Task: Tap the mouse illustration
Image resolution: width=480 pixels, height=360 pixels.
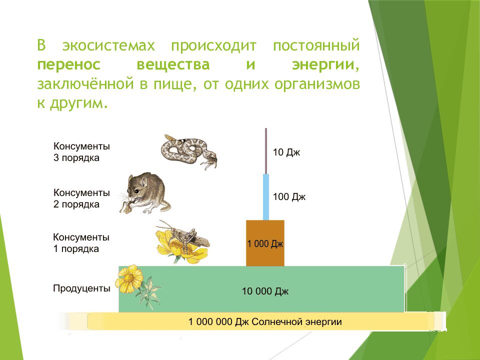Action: (144, 193)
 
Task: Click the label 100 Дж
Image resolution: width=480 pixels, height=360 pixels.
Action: (289, 197)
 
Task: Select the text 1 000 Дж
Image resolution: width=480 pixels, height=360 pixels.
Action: (265, 244)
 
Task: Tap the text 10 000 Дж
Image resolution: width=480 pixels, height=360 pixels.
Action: (265, 291)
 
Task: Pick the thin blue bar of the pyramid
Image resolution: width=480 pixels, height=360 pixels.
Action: (266, 197)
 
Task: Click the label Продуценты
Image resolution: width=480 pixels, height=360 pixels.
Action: (81, 288)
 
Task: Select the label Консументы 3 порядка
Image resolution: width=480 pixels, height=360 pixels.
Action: (81, 152)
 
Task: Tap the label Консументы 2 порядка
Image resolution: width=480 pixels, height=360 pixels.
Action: (81, 198)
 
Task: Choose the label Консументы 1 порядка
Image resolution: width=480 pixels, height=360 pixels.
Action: (81, 242)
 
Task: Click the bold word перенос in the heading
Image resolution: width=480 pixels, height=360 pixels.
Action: (68, 65)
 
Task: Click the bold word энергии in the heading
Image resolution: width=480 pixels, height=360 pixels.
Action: (325, 65)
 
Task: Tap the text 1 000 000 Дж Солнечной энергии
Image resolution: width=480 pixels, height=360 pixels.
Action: (265, 321)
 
